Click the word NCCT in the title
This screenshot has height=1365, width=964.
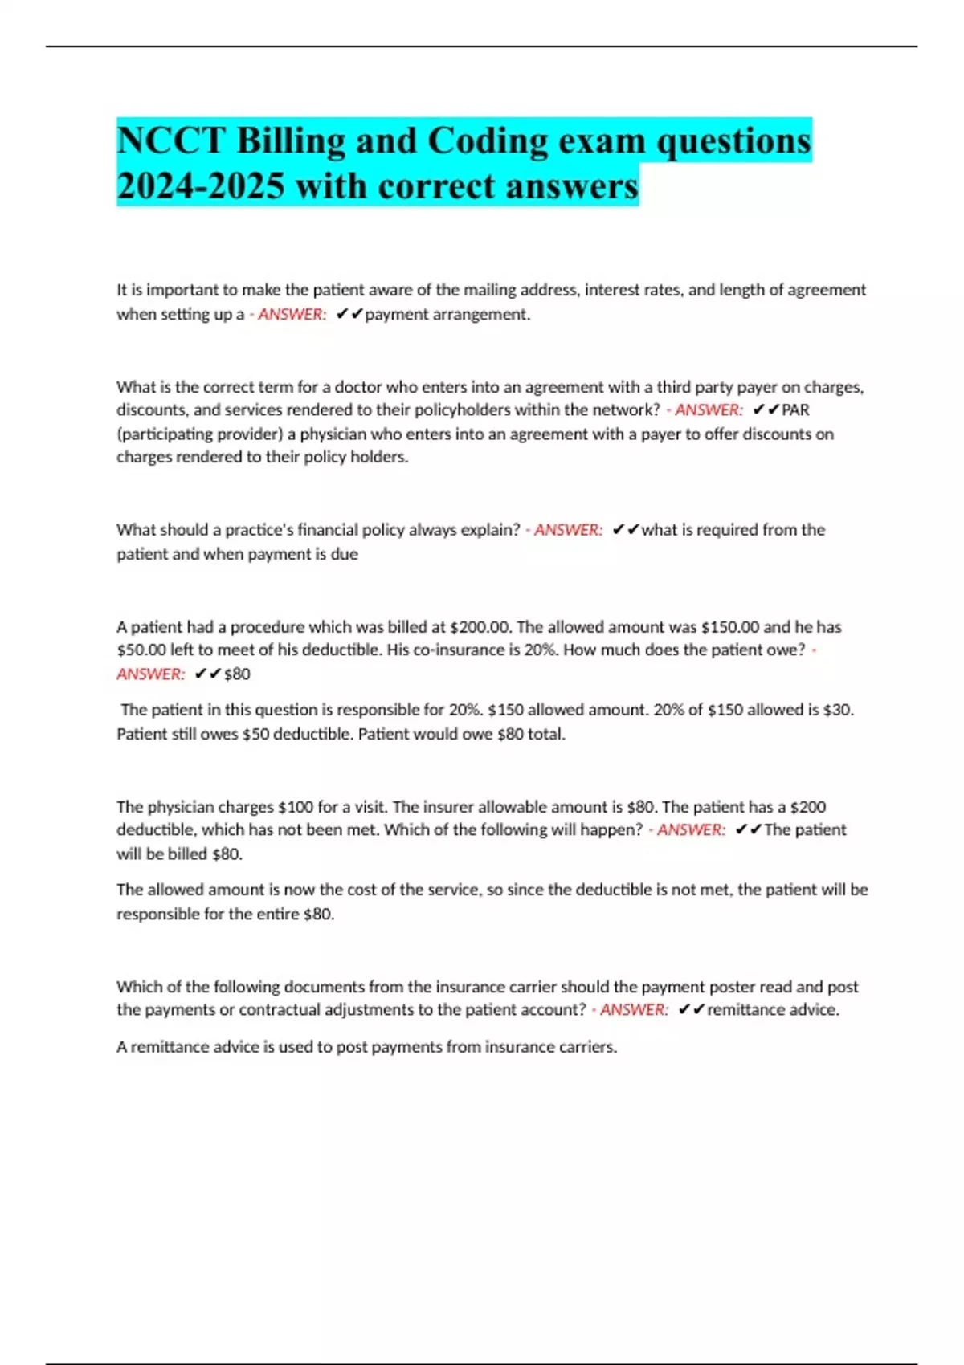click(x=170, y=141)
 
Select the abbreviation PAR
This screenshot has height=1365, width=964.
click(x=795, y=409)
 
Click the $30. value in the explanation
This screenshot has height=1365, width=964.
click(x=839, y=710)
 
